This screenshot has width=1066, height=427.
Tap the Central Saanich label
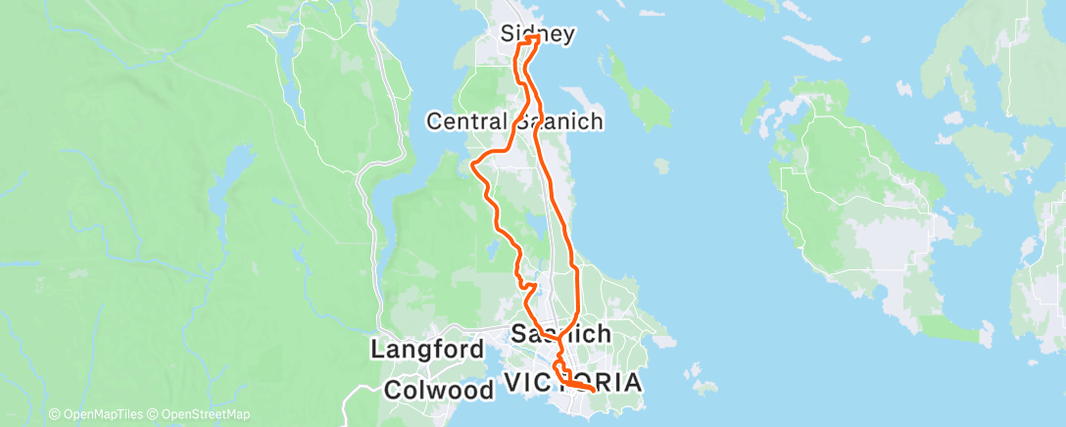(x=514, y=121)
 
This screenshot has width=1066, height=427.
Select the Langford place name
(x=426, y=350)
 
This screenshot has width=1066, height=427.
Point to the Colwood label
(x=438, y=389)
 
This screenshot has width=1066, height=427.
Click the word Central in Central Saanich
(x=465, y=121)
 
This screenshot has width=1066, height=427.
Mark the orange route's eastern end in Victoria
(x=594, y=390)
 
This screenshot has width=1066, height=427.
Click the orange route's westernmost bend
(x=473, y=164)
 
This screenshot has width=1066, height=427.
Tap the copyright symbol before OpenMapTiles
(x=54, y=414)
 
